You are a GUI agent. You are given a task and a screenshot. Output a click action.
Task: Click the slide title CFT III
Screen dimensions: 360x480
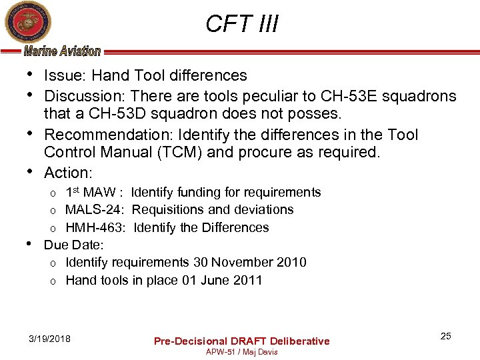coord(241,24)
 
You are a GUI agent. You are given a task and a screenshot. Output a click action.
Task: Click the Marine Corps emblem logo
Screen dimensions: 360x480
coord(24,23)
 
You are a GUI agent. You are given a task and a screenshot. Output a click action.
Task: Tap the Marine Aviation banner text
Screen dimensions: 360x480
coord(62,51)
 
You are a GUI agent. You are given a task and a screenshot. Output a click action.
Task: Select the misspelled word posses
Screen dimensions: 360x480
coord(313,114)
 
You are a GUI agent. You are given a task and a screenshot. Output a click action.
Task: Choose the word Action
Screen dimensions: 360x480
coord(66,173)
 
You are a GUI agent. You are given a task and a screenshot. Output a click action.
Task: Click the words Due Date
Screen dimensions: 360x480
coord(73,245)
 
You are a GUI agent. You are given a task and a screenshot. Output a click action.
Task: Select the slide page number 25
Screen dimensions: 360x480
coord(445,336)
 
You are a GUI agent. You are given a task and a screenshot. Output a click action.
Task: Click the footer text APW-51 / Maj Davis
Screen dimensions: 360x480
coord(241,351)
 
